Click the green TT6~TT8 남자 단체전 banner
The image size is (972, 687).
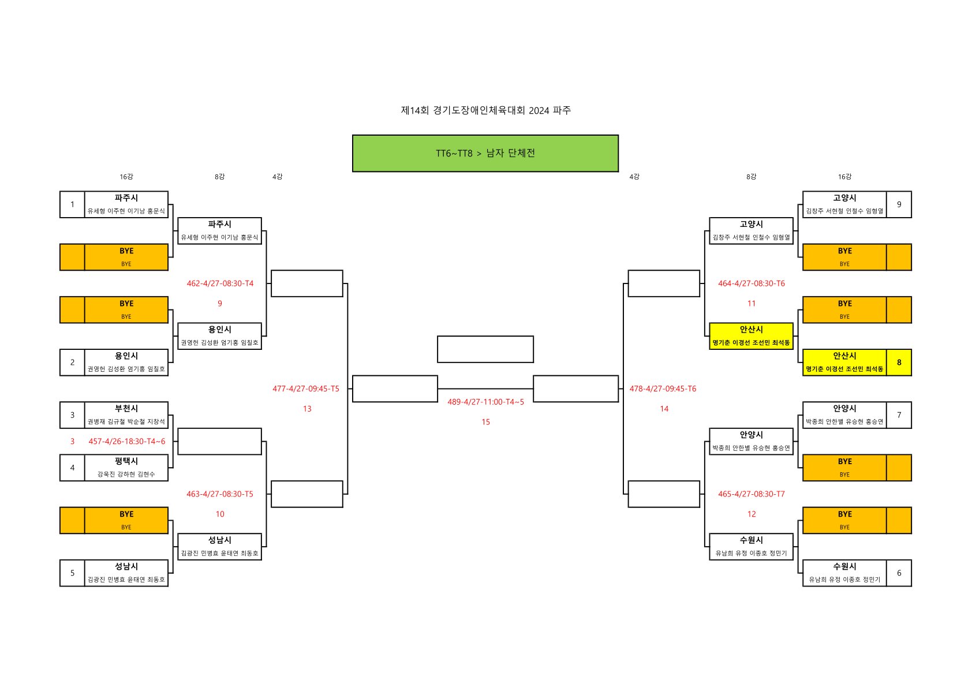[x=485, y=154]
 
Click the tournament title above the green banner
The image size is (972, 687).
[x=485, y=110]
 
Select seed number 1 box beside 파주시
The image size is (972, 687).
[x=72, y=204]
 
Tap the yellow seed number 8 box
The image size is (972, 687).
[x=899, y=363]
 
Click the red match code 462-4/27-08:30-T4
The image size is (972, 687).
[x=220, y=283]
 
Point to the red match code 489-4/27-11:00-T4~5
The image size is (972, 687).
[x=485, y=402]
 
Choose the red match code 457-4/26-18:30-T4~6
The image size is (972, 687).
[x=126, y=442]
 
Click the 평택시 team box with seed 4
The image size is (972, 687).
[x=126, y=468]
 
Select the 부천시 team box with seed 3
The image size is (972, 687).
[x=126, y=415]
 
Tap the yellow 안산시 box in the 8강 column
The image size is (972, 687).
[x=751, y=336]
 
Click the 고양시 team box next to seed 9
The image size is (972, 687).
[x=844, y=204]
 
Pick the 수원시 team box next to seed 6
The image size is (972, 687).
[x=844, y=573]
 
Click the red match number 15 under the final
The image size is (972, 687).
[x=485, y=422]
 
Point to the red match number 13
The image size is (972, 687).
[x=307, y=409]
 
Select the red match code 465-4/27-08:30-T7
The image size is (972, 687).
[x=751, y=494]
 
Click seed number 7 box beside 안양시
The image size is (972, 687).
[x=899, y=415]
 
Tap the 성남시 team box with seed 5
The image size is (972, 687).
[x=126, y=573]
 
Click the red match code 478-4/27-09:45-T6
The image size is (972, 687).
[x=663, y=389]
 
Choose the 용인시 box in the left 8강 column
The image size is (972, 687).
[x=219, y=336]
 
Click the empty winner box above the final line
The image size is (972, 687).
[x=485, y=349]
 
